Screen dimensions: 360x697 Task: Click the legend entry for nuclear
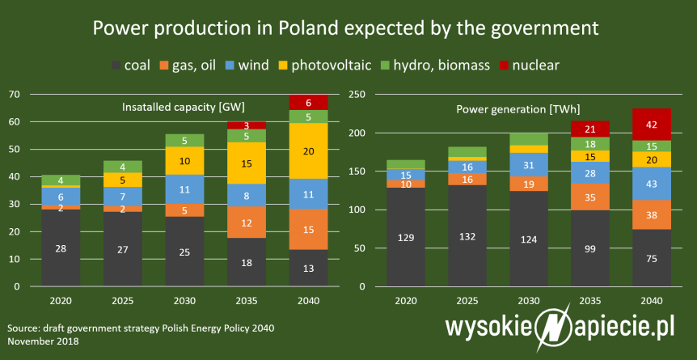(528, 65)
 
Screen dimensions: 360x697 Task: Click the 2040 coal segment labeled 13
(308, 268)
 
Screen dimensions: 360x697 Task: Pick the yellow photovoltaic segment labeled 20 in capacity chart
(308, 150)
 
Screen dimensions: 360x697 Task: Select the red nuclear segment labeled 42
(653, 125)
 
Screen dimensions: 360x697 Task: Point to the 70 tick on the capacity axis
(14, 94)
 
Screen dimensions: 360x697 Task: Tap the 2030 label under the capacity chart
(184, 299)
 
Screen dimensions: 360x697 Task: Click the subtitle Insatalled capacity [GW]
(184, 107)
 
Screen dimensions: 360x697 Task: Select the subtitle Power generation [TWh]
(518, 109)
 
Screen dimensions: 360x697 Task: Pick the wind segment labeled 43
(653, 184)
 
